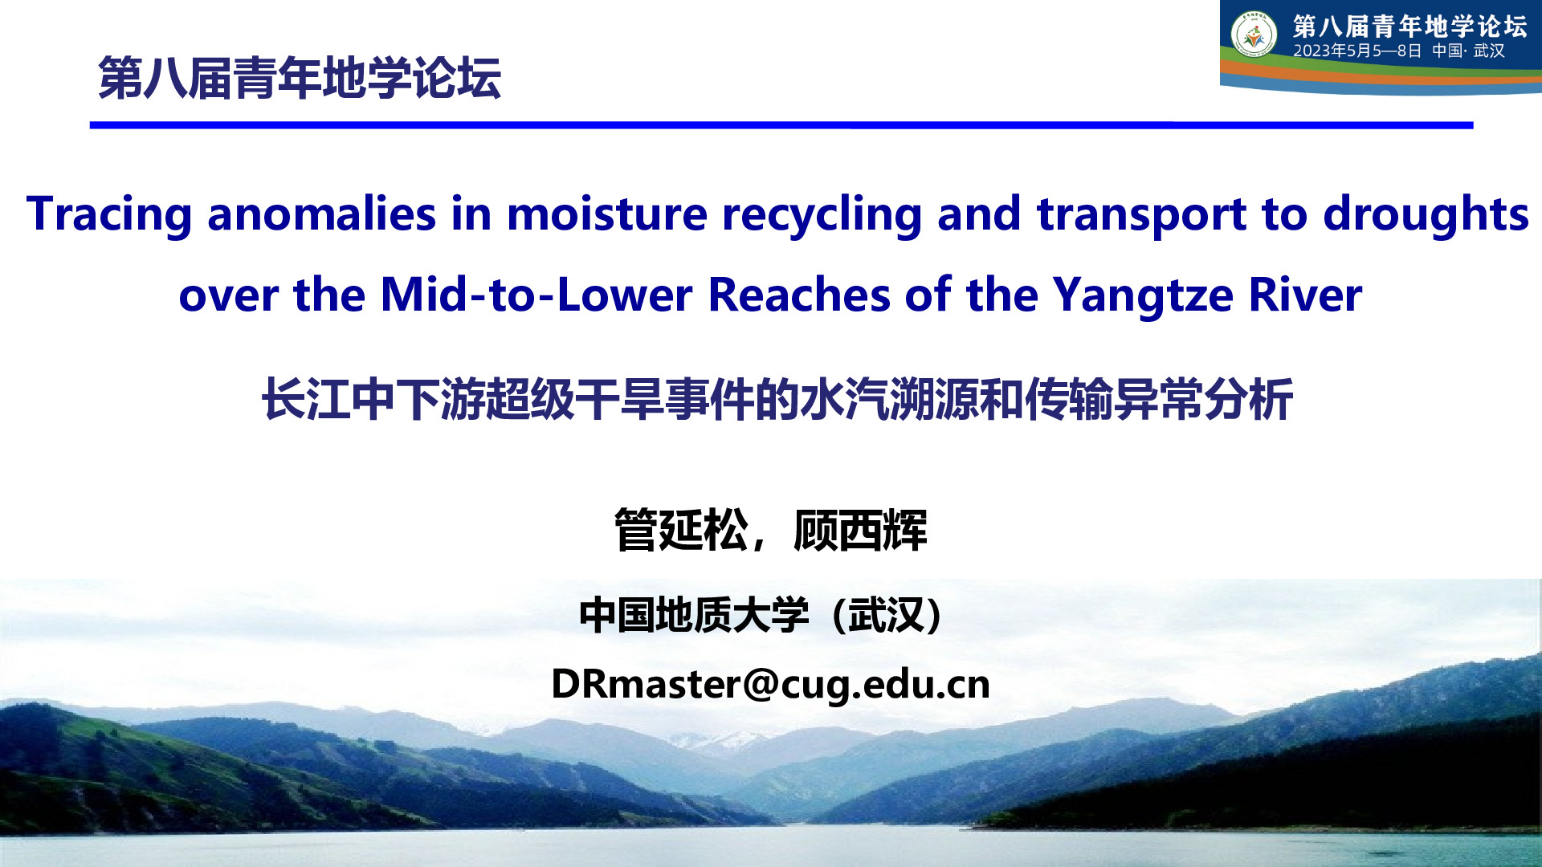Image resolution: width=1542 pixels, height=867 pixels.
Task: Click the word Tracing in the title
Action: click(x=109, y=214)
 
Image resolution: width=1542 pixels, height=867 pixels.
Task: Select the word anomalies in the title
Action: click(x=322, y=214)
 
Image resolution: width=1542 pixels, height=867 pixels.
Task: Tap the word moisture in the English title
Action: click(x=607, y=214)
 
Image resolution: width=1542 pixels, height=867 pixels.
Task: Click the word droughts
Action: click(x=1426, y=214)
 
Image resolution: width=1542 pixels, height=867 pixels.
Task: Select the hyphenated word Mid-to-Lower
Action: click(x=536, y=295)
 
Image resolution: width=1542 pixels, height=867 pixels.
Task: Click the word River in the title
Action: click(x=1305, y=295)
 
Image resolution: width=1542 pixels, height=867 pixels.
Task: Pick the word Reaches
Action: click(x=799, y=295)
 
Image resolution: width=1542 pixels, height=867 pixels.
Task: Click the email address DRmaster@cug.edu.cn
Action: click(x=770, y=685)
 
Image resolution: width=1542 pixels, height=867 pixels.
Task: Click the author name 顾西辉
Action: click(x=860, y=530)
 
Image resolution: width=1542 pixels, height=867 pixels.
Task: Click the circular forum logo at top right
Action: click(x=1254, y=35)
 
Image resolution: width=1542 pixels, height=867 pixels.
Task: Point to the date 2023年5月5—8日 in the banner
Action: click(x=1357, y=51)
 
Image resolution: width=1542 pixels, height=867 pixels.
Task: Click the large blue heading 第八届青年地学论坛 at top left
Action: click(x=300, y=78)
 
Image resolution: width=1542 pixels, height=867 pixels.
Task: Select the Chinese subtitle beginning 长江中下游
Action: click(x=777, y=399)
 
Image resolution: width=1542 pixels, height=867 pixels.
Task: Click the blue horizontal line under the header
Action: click(x=781, y=125)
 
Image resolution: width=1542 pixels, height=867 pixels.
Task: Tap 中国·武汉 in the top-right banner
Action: click(x=1468, y=51)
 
